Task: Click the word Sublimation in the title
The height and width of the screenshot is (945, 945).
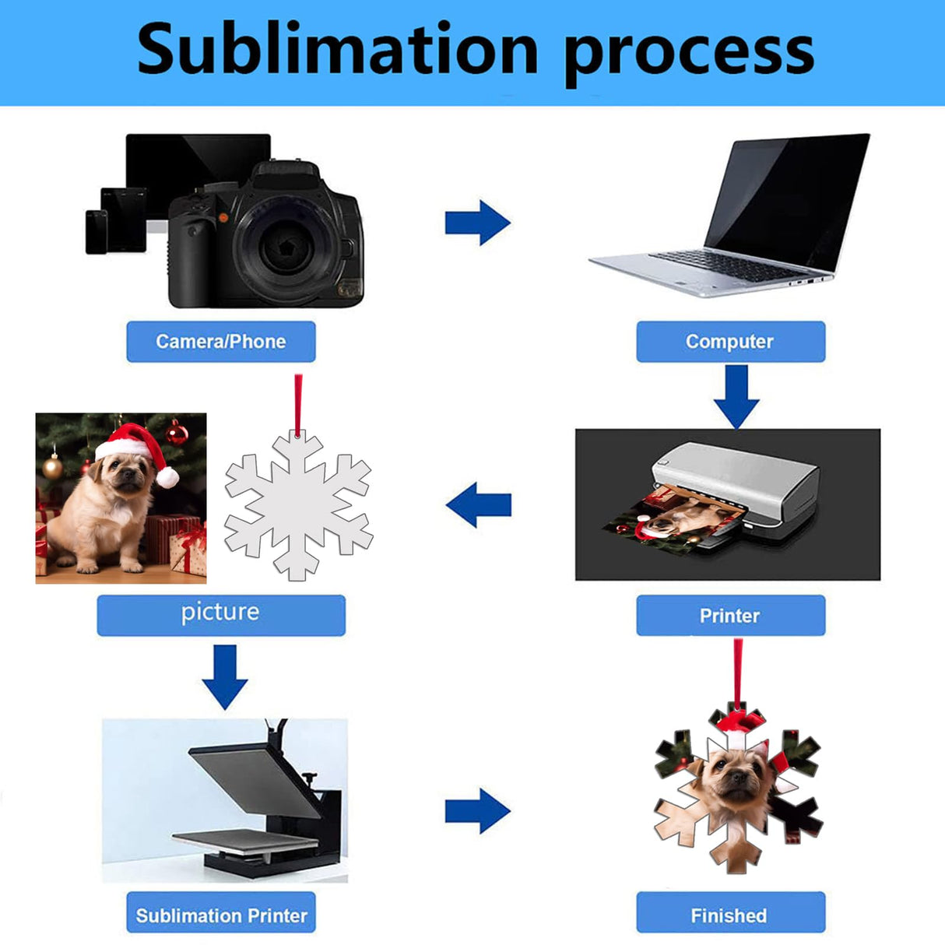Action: pyautogui.click(x=337, y=50)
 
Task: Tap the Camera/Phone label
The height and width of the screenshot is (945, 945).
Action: pyautogui.click(x=221, y=342)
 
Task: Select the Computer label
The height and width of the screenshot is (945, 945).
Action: pyautogui.click(x=730, y=342)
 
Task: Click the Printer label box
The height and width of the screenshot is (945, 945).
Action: pyautogui.click(x=730, y=616)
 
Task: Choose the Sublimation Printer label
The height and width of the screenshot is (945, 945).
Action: pyautogui.click(x=221, y=915)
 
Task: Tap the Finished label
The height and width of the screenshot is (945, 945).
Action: pyautogui.click(x=730, y=915)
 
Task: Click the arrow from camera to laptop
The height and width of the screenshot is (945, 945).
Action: pyautogui.click(x=477, y=223)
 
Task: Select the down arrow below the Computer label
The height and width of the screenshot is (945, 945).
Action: pyautogui.click(x=736, y=396)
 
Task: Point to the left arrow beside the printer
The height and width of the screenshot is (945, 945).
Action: pyautogui.click(x=479, y=504)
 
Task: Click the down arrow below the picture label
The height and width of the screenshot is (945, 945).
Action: pyautogui.click(x=225, y=676)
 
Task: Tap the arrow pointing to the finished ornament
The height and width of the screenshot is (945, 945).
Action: pyautogui.click(x=477, y=811)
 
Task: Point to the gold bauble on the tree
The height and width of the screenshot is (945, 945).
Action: pyautogui.click(x=52, y=467)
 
